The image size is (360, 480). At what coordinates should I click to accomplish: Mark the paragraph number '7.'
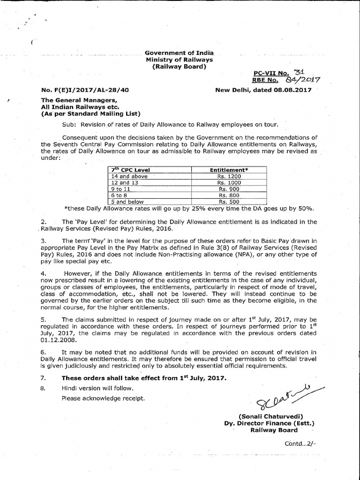[44, 377]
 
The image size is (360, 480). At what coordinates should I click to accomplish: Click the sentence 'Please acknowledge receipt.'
[103, 398]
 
